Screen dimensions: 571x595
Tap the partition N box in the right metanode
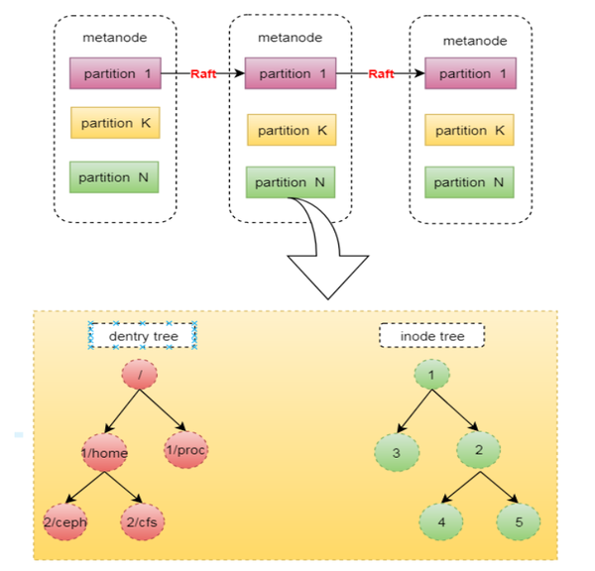[x=470, y=182]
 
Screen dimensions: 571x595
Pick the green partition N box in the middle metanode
[x=290, y=182]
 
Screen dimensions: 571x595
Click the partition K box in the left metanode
[x=114, y=123]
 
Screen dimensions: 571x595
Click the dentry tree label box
[x=143, y=336]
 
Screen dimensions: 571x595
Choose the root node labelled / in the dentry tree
[x=140, y=375]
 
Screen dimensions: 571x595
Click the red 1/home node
[x=104, y=452]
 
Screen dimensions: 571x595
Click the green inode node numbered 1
[x=431, y=375]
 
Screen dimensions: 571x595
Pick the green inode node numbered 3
[x=396, y=453]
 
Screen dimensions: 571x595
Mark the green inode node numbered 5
[x=519, y=521]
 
